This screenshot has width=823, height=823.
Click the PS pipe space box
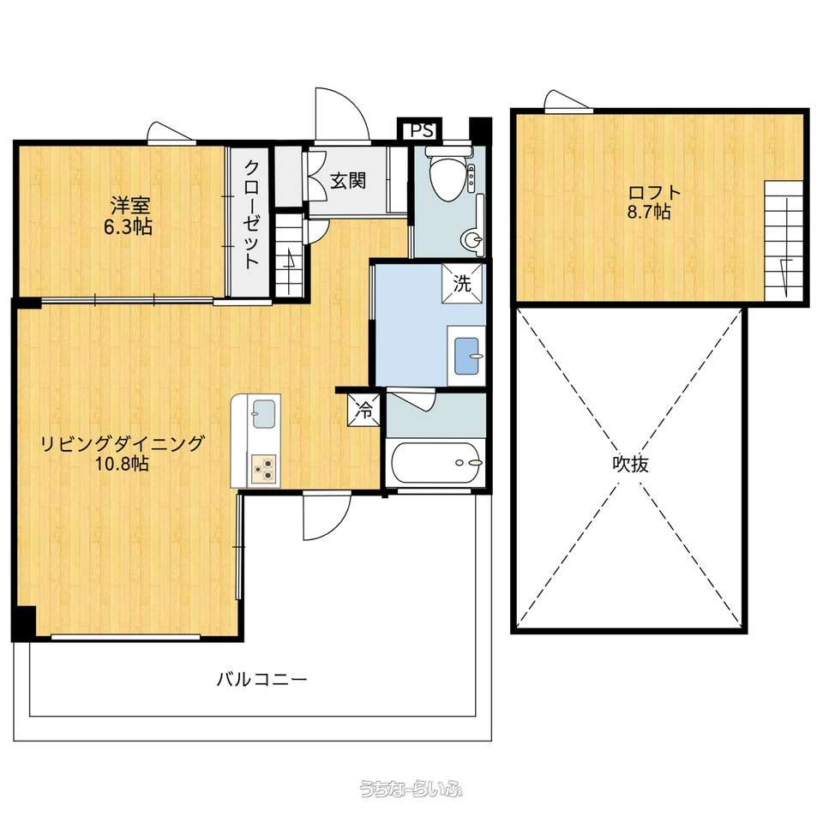[x=422, y=129]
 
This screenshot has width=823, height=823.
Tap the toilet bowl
[x=446, y=175]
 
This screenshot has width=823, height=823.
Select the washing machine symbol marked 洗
[x=462, y=284]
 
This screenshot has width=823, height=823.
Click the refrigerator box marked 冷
[x=363, y=410]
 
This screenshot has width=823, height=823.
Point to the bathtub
[x=436, y=463]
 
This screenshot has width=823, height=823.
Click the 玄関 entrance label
[x=348, y=181]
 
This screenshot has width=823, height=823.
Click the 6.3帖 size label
[x=128, y=227]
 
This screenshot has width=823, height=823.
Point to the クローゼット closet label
[x=251, y=214]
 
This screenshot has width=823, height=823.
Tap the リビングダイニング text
[x=123, y=443]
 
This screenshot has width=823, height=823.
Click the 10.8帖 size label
[x=122, y=464]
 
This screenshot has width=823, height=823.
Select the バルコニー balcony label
[x=262, y=680]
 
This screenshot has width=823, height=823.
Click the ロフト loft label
[x=654, y=191]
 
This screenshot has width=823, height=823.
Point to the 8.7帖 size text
[x=649, y=212]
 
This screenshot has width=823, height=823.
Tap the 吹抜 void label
[x=630, y=464]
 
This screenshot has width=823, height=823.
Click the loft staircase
[x=784, y=241]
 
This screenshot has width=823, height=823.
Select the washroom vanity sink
[x=466, y=355]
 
